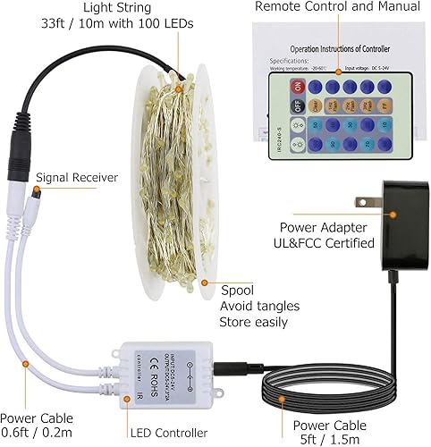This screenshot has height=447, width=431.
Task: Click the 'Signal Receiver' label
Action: tap(77, 177)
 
